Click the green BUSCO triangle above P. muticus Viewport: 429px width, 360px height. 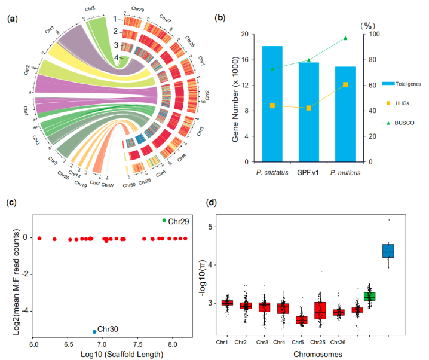click(x=345, y=38)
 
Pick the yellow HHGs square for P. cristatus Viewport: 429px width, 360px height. click(x=272, y=106)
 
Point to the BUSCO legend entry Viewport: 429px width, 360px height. click(x=403, y=123)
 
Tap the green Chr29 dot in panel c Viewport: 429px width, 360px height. click(x=164, y=221)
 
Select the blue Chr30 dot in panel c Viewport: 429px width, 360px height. click(x=94, y=331)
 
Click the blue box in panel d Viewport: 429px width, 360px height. click(x=388, y=250)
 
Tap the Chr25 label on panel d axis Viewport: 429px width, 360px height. click(x=321, y=343)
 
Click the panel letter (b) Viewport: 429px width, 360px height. click(x=220, y=17)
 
